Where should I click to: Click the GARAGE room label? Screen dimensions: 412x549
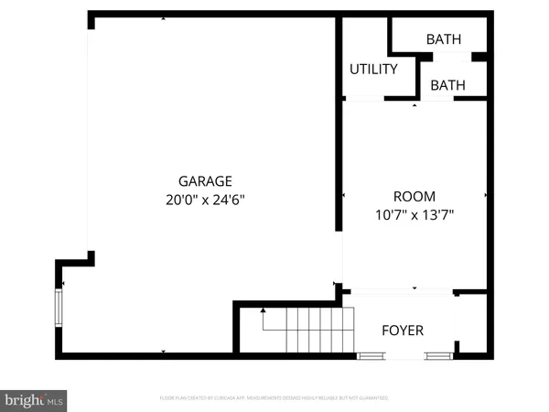[205, 180]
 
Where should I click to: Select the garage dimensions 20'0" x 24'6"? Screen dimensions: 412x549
[205, 198]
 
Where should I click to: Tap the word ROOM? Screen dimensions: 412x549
[414, 196]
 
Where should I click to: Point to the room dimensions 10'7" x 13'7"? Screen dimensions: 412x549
[414, 214]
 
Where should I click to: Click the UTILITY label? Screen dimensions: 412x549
[373, 69]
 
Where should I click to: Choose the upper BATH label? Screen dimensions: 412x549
[444, 39]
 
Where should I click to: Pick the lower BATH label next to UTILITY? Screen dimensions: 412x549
[447, 85]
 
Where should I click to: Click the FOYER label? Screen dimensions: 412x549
[403, 330]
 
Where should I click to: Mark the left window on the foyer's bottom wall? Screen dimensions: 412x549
[371, 355]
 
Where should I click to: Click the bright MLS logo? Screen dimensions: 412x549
[35, 399]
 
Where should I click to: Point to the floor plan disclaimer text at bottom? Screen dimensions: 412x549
[274, 398]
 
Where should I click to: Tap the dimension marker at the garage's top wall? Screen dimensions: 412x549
[163, 18]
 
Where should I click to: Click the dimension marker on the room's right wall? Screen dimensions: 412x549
[485, 195]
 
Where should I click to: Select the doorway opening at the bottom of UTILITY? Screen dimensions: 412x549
[364, 99]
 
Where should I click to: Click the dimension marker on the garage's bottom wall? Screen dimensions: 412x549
[163, 352]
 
